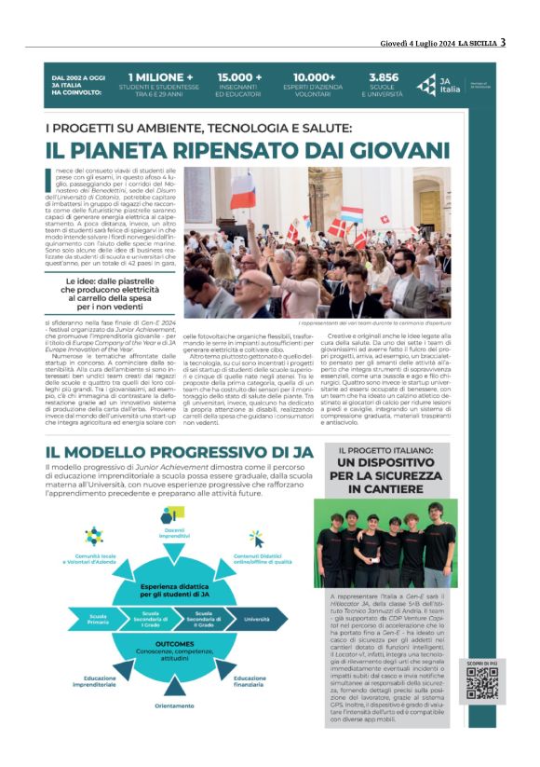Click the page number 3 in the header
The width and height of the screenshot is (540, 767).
point(503,41)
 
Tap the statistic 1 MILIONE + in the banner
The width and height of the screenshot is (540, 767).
point(161,77)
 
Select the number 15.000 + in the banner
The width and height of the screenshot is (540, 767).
point(240,77)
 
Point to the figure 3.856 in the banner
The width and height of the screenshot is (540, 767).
point(385,77)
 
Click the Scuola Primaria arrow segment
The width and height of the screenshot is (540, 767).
point(98,617)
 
